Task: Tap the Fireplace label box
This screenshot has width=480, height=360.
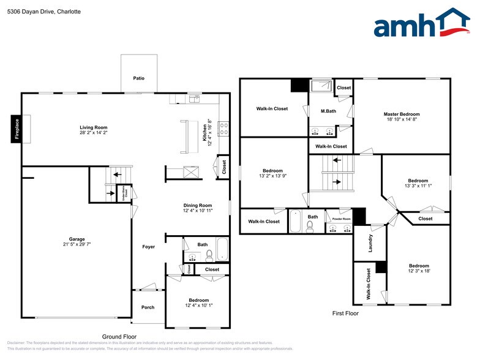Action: (x=17, y=129)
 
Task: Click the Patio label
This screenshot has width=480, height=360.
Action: (x=139, y=78)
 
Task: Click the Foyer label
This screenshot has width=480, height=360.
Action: (x=149, y=247)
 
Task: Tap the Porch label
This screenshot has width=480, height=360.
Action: (x=148, y=307)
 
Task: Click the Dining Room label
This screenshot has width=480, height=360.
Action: (x=198, y=205)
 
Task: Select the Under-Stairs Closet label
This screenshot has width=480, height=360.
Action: (x=125, y=194)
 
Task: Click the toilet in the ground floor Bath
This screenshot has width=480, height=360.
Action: (x=209, y=255)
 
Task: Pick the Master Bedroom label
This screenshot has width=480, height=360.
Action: (x=402, y=114)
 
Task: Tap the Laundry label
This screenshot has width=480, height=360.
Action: (x=370, y=243)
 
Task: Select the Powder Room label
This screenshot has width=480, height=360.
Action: (x=341, y=219)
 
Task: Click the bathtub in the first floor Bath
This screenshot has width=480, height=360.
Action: (x=295, y=222)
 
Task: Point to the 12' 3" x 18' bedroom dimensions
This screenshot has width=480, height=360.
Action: (x=419, y=272)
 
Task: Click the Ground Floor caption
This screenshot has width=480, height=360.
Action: (x=119, y=336)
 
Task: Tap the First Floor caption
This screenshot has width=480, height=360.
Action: (x=345, y=313)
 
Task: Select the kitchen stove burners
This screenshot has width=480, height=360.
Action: (x=224, y=128)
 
